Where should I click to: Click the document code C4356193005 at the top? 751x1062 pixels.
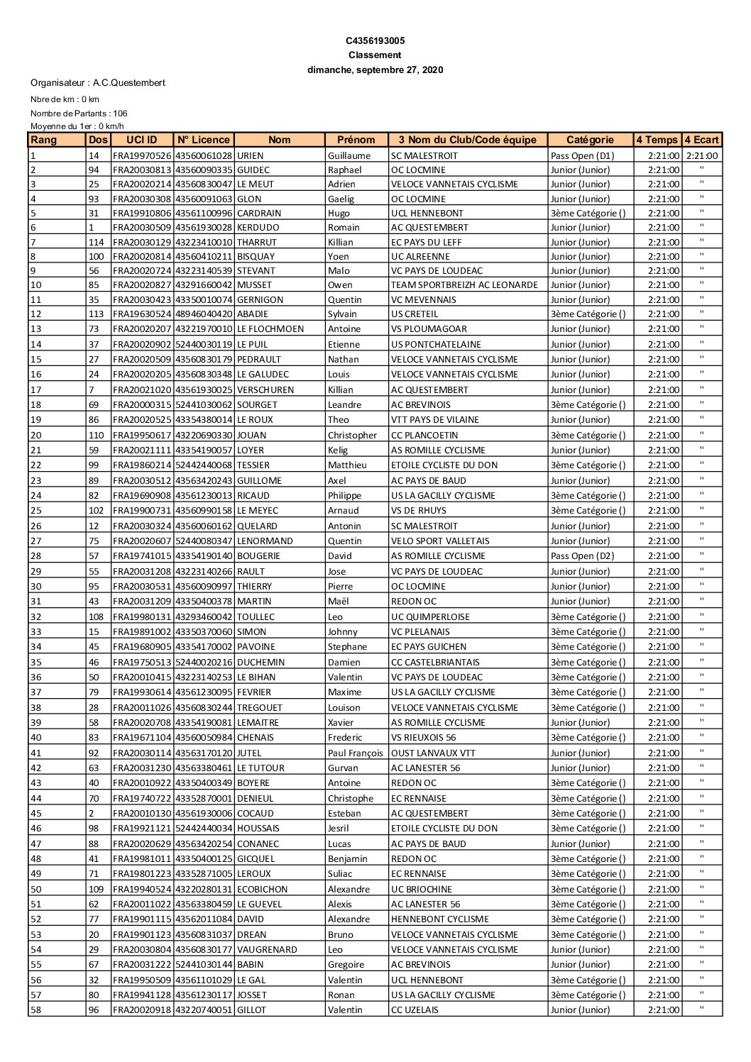(x=375, y=41)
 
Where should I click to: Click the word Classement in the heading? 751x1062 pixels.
(x=375, y=55)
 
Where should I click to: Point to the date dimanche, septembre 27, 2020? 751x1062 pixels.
(x=375, y=70)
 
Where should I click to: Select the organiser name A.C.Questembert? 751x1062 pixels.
(x=128, y=83)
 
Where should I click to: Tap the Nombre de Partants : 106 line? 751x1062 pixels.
(x=79, y=114)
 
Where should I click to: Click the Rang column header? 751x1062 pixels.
(x=44, y=140)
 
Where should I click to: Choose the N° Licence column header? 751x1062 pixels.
(x=204, y=140)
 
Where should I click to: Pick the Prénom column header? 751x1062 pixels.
(x=356, y=140)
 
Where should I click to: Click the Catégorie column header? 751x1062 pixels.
(x=590, y=140)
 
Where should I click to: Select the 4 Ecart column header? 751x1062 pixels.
(x=701, y=140)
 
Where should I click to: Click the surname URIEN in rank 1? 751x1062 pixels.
(x=250, y=155)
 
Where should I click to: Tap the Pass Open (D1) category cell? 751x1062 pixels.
(x=582, y=155)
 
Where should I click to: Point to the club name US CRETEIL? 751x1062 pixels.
(x=415, y=314)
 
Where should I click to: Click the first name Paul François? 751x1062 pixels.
(x=355, y=753)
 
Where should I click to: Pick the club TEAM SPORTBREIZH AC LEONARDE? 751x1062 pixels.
(x=464, y=285)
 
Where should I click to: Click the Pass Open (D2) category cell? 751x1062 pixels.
(x=582, y=556)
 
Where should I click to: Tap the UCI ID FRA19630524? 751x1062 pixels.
(x=142, y=314)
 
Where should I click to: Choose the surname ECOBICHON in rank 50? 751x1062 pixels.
(x=263, y=890)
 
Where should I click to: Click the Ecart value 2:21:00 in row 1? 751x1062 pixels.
(x=701, y=156)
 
